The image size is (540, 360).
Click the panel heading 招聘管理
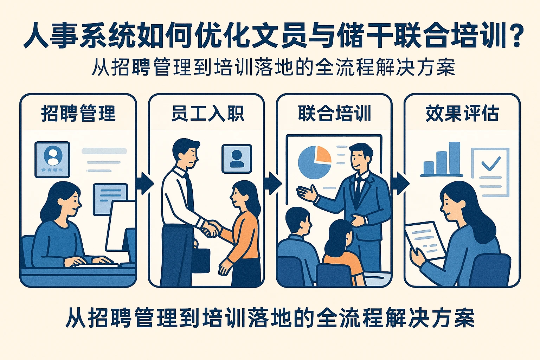tap(78, 114)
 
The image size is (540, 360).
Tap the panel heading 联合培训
tap(335, 114)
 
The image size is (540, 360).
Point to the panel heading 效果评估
tap(462, 114)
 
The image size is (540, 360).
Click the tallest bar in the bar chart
tap(455, 158)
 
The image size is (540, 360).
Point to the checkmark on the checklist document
tap(490, 163)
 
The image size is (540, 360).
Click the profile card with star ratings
tap(52, 159)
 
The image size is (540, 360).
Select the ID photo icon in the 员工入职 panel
tap(237, 159)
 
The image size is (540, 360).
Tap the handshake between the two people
tap(210, 229)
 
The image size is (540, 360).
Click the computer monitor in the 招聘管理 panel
tap(120, 225)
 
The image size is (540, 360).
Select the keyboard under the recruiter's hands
tap(97, 265)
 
